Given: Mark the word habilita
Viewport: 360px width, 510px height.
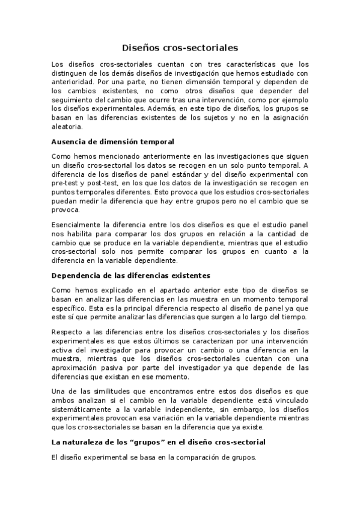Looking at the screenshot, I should tap(80, 235).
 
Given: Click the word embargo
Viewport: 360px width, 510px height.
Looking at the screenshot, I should tap(222, 410).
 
